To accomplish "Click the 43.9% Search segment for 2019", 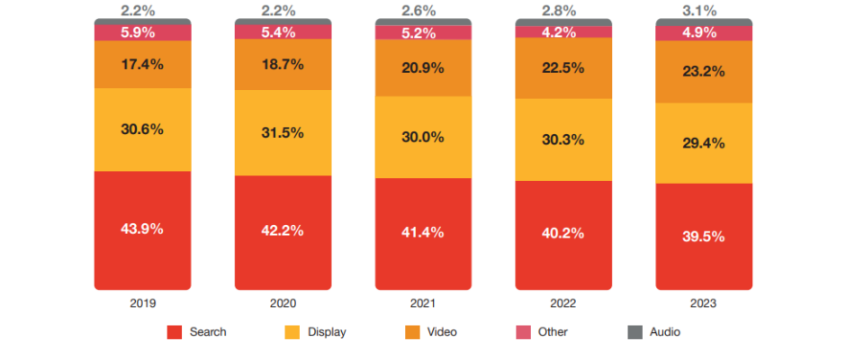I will coord(142,229).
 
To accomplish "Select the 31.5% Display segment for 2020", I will coord(283,132).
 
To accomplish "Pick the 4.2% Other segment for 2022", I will coord(563,31).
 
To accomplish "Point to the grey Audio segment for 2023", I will coord(704,22).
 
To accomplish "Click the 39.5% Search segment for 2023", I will coord(704,236).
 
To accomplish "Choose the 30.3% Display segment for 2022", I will coord(563,139).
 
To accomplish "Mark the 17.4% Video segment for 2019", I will coord(142,65).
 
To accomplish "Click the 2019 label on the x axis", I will coord(142,304).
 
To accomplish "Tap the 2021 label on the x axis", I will coord(423,304).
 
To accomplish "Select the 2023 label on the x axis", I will coord(704,304).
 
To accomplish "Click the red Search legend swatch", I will coord(175,332).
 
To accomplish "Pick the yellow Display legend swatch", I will coord(292,332).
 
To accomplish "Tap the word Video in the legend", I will coord(442,332).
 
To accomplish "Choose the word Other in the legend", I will coord(553,332).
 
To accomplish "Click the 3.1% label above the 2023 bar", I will coord(704,10).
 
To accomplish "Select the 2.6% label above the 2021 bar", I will coord(423,10).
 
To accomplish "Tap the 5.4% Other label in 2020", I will coord(283,31).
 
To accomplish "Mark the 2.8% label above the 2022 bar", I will coord(563,10).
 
